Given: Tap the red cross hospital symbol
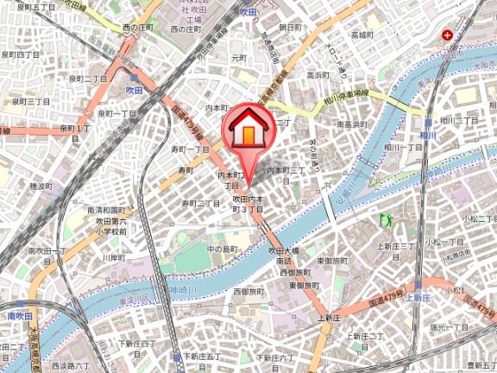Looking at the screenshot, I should click(x=447, y=35).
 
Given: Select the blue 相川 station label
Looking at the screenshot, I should click(x=428, y=135).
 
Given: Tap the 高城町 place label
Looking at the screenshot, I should click(x=362, y=35).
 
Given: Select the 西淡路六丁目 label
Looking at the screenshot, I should click(x=70, y=366).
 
